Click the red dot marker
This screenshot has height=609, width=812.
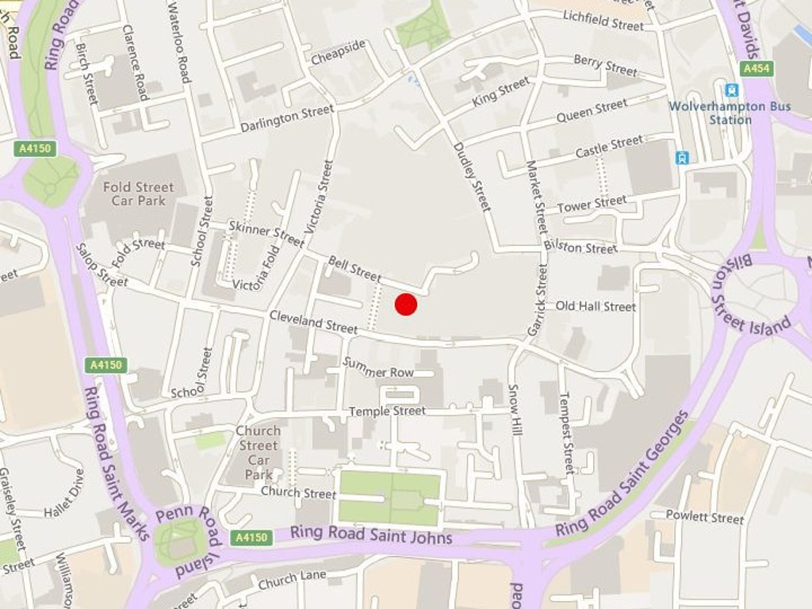pyautogui.click(x=406, y=304)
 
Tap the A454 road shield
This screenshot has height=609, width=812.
pyautogui.click(x=756, y=69)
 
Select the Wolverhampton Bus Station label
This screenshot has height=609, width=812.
pyautogui.click(x=730, y=113)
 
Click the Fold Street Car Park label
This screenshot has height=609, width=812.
pyautogui.click(x=138, y=193)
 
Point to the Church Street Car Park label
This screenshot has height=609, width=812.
pyautogui.click(x=259, y=453)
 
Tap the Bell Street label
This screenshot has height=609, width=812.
pyautogui.click(x=354, y=269)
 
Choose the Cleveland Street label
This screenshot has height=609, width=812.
pyautogui.click(x=313, y=321)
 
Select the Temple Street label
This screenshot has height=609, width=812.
pyautogui.click(x=387, y=411)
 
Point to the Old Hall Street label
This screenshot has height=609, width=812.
pyautogui.click(x=596, y=306)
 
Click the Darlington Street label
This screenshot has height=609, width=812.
pyautogui.click(x=287, y=118)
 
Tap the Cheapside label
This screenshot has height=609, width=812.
pyautogui.click(x=339, y=52)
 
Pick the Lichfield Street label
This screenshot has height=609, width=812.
pyautogui.click(x=603, y=20)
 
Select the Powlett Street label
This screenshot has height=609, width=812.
pyautogui.click(x=705, y=517)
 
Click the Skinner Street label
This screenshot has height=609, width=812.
pyautogui.click(x=266, y=233)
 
